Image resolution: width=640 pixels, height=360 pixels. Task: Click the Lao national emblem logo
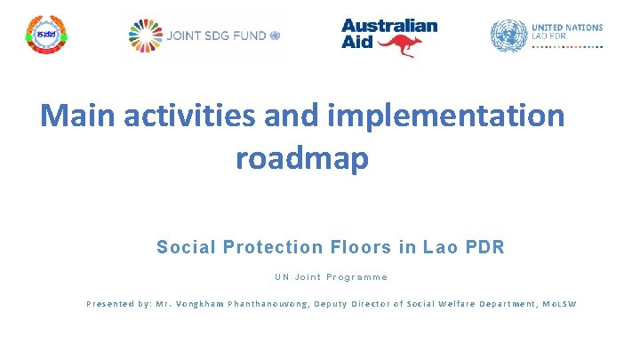tap(45, 36)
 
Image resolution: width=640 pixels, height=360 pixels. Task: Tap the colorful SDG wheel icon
tap(146, 36)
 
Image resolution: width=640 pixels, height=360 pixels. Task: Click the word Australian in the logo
tap(389, 26)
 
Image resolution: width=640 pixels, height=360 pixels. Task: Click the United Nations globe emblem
tap(508, 36)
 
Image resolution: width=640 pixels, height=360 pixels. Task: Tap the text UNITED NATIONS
tap(566, 28)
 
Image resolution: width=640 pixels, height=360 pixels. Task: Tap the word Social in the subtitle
tap(187, 247)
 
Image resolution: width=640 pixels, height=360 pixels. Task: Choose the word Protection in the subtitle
tap(273, 247)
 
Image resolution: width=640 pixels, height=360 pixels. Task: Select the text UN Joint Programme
tap(331, 277)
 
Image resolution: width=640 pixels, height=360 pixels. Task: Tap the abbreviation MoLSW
tap(559, 304)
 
